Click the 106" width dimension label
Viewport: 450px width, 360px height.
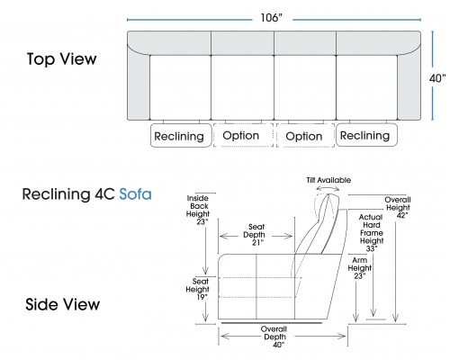(x=271, y=18)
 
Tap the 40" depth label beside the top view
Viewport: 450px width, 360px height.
(x=437, y=78)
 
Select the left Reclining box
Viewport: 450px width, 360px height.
(x=181, y=135)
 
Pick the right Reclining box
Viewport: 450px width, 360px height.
(x=366, y=135)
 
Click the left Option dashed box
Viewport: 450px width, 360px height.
(x=243, y=135)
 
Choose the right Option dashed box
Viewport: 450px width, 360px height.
(x=305, y=135)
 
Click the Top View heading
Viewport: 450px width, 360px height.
(x=62, y=58)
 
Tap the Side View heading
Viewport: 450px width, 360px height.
(x=62, y=304)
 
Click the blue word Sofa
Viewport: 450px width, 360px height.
(x=135, y=194)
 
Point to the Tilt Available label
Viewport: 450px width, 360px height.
(x=328, y=180)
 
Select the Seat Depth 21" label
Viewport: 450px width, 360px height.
(x=256, y=235)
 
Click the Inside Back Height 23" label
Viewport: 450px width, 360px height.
(x=198, y=210)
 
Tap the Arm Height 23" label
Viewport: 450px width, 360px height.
(x=360, y=268)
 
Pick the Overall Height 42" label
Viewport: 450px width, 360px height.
(x=398, y=207)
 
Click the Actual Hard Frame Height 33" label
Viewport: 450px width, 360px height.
(x=372, y=233)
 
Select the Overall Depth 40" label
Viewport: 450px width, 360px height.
(x=274, y=337)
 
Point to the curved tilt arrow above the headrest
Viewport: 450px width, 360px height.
(x=328, y=188)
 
